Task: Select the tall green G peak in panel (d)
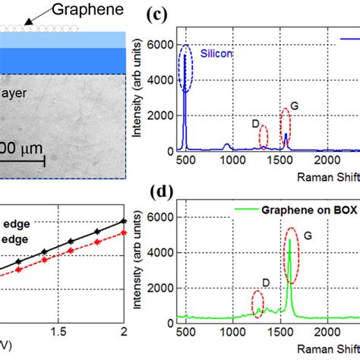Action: coord(289,273)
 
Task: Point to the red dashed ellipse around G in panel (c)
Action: coord(286,125)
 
